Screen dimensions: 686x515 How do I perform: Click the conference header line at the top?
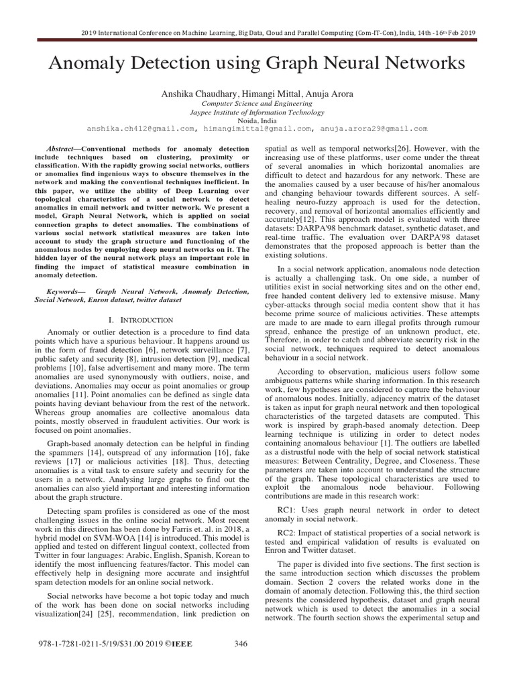[x=257, y=31]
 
